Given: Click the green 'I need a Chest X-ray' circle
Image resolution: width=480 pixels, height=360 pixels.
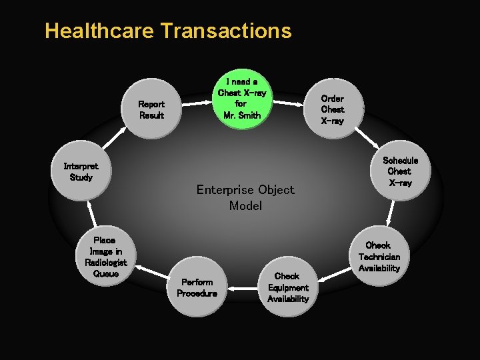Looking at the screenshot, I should pyautogui.click(x=241, y=101).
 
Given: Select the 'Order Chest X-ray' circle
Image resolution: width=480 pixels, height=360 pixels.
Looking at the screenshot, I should pyautogui.click(x=332, y=108).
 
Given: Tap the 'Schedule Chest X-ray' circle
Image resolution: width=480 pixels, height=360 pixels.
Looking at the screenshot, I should pyautogui.click(x=399, y=171).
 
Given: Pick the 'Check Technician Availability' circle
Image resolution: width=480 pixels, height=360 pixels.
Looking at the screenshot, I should pyautogui.click(x=379, y=256).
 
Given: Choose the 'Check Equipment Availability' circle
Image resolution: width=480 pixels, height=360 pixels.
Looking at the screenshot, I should pyautogui.click(x=287, y=287).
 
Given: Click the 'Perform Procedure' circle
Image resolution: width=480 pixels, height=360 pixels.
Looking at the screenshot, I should pyautogui.click(x=197, y=287).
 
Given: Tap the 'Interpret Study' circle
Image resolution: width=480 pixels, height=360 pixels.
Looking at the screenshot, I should pyautogui.click(x=81, y=172).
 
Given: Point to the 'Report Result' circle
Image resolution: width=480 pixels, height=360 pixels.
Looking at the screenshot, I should pyautogui.click(x=152, y=109).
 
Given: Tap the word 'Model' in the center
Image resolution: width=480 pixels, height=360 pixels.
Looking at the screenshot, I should pyautogui.click(x=245, y=205).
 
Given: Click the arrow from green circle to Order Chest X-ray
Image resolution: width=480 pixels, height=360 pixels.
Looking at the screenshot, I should pyautogui.click(x=289, y=103).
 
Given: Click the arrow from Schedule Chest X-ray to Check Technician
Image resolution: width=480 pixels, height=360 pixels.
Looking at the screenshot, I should pyautogui.click(x=389, y=211).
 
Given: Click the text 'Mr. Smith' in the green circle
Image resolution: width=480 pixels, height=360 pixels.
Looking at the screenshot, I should pyautogui.click(x=242, y=115).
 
